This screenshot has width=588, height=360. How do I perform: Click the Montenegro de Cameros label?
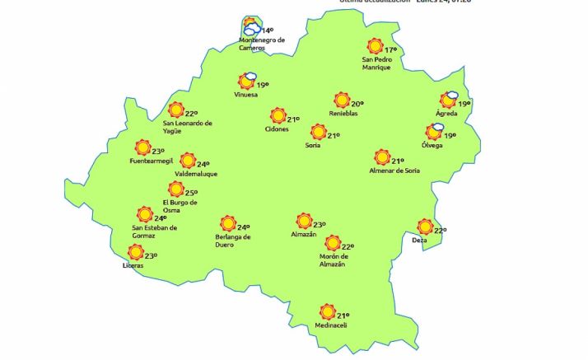click(261, 44)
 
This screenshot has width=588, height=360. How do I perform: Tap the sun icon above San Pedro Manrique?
click(376, 46)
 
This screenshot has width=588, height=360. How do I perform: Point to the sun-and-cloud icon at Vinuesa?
click(246, 81)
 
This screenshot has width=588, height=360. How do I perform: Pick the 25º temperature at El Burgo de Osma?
click(192, 193)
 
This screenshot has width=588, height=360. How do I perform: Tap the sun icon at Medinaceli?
click(327, 312)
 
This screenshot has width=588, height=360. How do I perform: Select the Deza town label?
click(420, 240)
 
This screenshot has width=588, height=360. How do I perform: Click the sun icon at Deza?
click(425, 227)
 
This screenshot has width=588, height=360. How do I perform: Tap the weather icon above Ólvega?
click(435, 131)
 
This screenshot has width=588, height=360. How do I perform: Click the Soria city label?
click(312, 145)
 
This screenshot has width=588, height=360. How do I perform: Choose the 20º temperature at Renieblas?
click(357, 104)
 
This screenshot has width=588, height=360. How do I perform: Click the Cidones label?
click(277, 129)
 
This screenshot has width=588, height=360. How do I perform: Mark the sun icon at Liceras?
click(136, 253)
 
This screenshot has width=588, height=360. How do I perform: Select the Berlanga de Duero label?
click(226, 241)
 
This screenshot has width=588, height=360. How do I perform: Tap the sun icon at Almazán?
click(304, 221)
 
